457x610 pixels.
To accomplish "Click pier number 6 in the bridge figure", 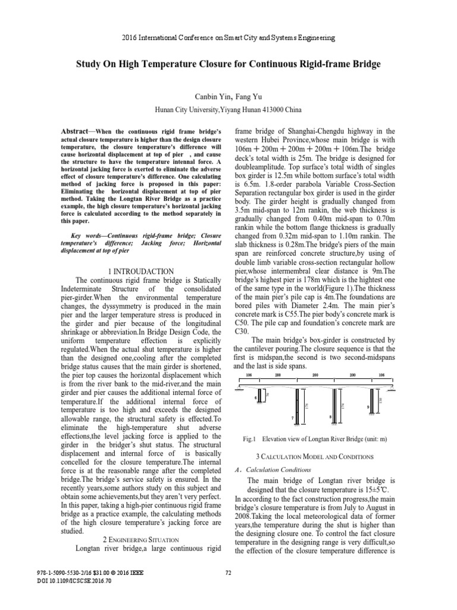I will click(256, 397).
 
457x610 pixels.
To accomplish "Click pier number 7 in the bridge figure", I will click(293, 419).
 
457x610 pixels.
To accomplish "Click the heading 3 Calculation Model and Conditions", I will click(314, 456).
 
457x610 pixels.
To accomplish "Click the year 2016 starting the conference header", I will click(130, 38).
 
